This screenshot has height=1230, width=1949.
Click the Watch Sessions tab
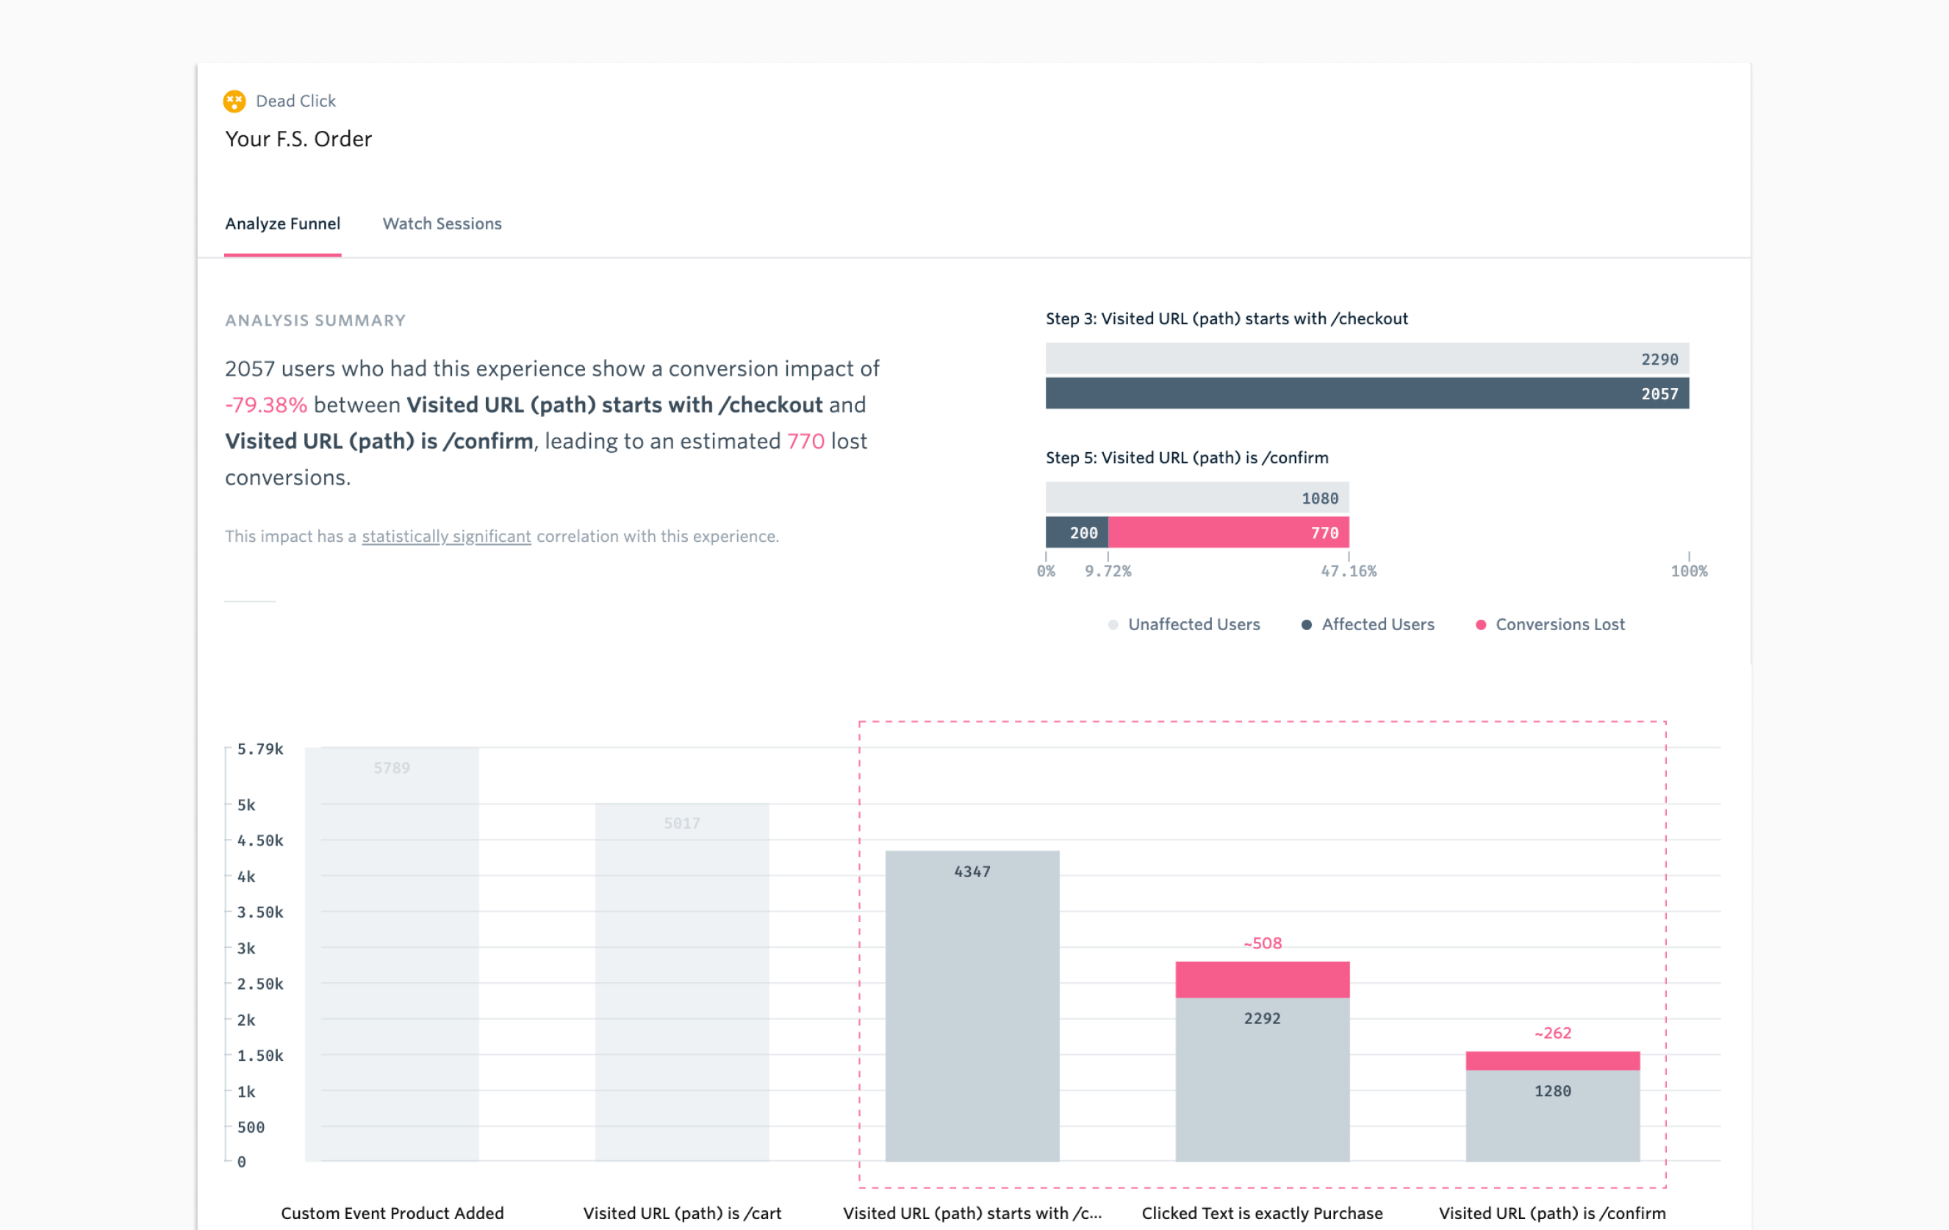coord(442,224)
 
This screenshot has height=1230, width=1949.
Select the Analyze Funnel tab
coord(282,224)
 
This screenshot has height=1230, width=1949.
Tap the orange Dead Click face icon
coord(234,101)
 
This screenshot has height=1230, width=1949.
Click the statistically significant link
coord(446,536)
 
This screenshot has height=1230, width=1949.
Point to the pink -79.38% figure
coord(265,405)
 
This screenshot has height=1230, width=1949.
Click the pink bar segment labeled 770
coord(1228,533)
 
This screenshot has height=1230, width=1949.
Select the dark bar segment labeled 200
coord(1077,533)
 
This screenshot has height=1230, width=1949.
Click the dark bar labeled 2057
coord(1366,393)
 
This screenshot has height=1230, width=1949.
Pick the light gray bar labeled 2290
coord(1366,359)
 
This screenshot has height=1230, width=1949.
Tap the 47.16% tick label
coord(1349,571)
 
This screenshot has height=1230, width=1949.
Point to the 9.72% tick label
coord(1108,571)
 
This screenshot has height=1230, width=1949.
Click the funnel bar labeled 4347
coord(972,1004)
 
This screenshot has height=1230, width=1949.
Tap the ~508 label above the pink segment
coord(1263,943)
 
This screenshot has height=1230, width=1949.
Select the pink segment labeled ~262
coord(1552,1061)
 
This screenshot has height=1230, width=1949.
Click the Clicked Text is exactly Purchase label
coord(1262,1213)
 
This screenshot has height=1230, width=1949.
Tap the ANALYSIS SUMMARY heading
coord(315,321)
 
